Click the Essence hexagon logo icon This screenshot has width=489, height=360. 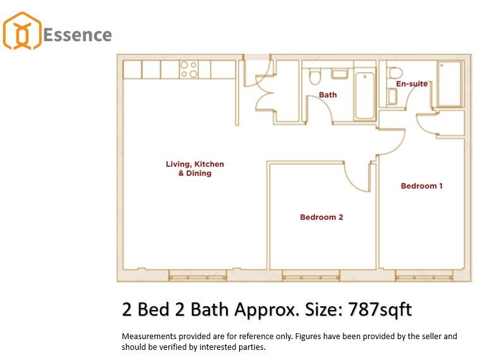pos(22,31)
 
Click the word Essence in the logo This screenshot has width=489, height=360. pos(77,35)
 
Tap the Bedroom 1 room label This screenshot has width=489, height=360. pos(422,186)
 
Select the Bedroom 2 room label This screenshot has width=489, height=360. pos(321,217)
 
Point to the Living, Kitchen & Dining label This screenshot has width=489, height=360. pos(195,168)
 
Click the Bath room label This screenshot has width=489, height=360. pos(328,95)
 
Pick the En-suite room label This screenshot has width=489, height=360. pos(412,84)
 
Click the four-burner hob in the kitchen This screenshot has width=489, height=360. pos(189,69)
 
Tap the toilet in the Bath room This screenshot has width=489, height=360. pos(315,77)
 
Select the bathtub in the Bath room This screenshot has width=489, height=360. pos(364,96)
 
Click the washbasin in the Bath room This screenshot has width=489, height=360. pos(339,74)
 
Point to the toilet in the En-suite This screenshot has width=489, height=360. pos(395,73)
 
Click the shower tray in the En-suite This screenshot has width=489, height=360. pos(450,84)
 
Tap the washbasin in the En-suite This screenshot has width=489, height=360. pos(392,96)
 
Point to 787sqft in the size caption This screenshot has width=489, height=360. pos(380,309)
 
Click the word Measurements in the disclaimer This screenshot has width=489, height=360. pos(149,337)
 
